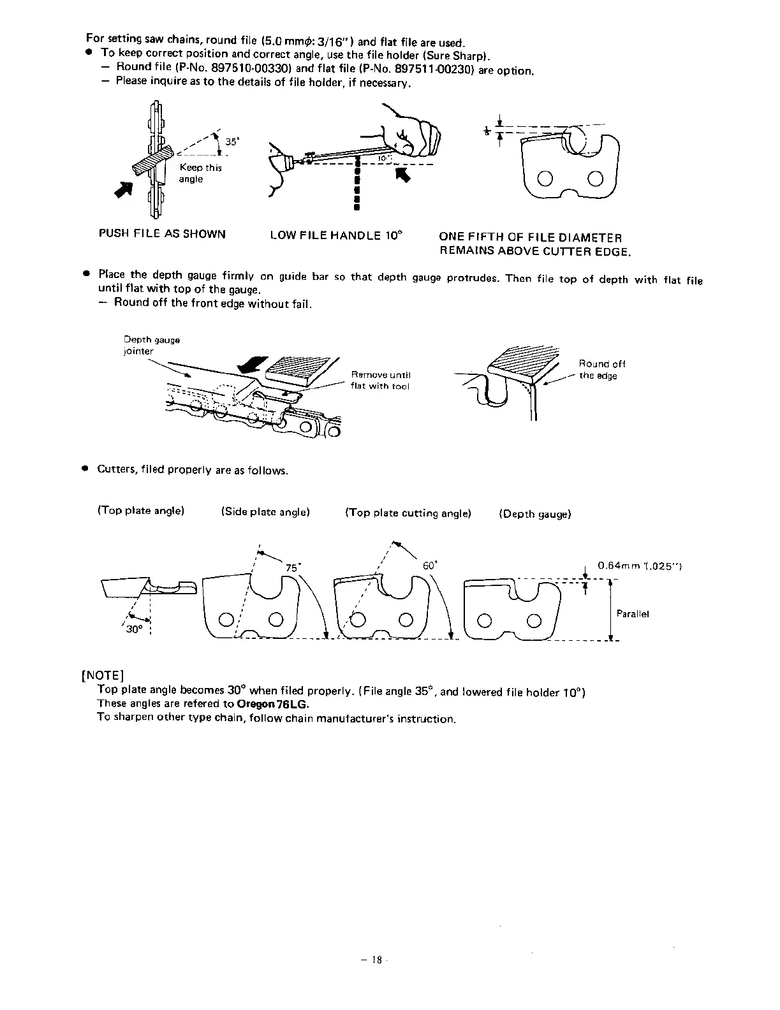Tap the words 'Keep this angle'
(200, 173)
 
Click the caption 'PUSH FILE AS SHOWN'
(162, 234)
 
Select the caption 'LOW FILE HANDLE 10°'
(337, 235)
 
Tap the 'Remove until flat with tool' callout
(381, 380)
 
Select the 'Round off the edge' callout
(601, 370)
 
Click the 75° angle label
(293, 567)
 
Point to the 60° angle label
(430, 566)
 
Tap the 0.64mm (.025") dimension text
(640, 565)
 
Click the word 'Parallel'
(633, 614)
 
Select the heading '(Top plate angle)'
(141, 511)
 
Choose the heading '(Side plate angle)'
(265, 512)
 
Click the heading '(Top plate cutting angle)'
(408, 513)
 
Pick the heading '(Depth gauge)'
(535, 514)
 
